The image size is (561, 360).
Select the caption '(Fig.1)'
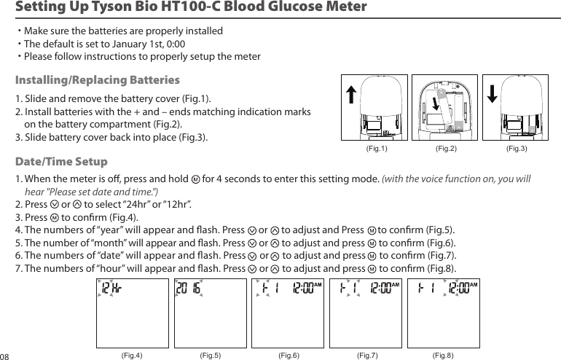pyautogui.click(x=374, y=149)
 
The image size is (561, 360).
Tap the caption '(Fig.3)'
pyautogui.click(x=516, y=149)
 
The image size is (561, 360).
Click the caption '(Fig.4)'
pyautogui.click(x=131, y=355)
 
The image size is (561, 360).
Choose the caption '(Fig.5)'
pyautogui.click(x=210, y=355)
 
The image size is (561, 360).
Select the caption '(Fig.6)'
pyautogui.click(x=289, y=355)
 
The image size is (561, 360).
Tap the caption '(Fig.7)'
pyautogui.click(x=367, y=355)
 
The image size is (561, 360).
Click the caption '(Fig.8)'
pyautogui.click(x=443, y=355)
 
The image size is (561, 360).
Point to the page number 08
pyautogui.click(x=6, y=356)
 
